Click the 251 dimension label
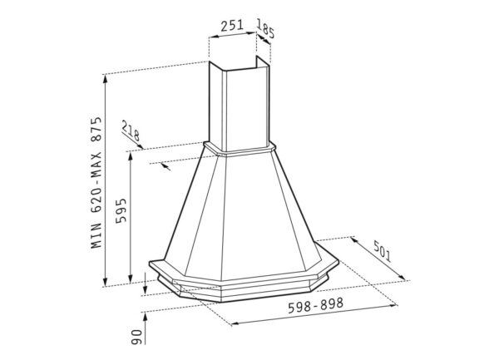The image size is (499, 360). pos(232,26)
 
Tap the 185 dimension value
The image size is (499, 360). pos(265,28)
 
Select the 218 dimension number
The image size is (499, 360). pos(131,131)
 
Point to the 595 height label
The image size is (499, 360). pos(121,211)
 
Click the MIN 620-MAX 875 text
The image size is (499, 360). pos(96,183)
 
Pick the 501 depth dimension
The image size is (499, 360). pos(382,251)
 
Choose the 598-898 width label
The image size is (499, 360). pos(316,305)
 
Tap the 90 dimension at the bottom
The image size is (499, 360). pos(136,337)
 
